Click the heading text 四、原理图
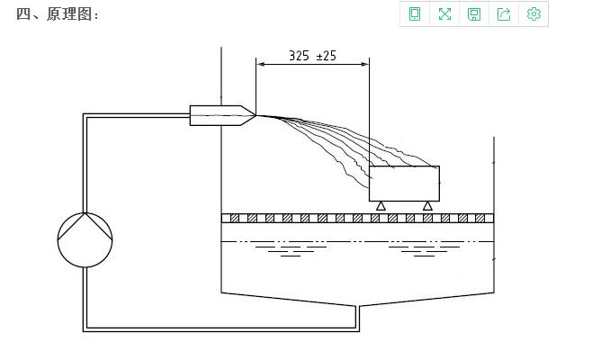pos(54,14)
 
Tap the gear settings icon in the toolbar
pos(534,14)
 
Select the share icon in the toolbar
pos(504,14)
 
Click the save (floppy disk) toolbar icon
pos(474,14)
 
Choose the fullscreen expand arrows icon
pos(444,14)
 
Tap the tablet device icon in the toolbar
pos(415,14)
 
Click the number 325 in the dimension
pos(299,56)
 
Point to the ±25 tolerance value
pos(326,56)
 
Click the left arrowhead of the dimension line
pos(261,64)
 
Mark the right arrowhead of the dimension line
pos(364,64)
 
